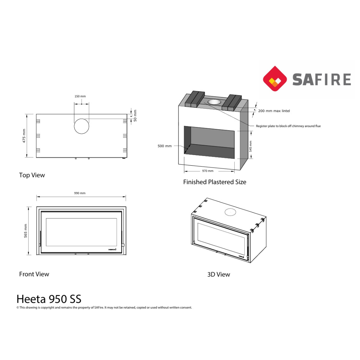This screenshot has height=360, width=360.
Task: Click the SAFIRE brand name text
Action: (x=322, y=80)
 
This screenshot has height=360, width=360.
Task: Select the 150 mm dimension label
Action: (x=80, y=96)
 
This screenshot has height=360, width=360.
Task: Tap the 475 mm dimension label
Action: (x=24, y=136)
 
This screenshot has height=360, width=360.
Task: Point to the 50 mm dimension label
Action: (x=135, y=116)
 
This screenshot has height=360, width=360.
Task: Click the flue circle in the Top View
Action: (x=81, y=126)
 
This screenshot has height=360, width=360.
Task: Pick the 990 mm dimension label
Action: (x=80, y=193)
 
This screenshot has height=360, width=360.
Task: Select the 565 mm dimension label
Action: (x=26, y=231)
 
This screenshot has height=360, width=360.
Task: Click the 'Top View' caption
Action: (x=32, y=175)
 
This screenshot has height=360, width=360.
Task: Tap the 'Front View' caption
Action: (x=34, y=274)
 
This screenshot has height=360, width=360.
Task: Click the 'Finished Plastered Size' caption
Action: (x=215, y=182)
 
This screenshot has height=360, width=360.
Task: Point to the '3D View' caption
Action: (x=219, y=274)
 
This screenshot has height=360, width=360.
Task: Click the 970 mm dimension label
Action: (x=208, y=171)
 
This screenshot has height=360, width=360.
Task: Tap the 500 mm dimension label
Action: (x=165, y=146)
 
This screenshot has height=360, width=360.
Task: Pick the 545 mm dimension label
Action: (x=251, y=146)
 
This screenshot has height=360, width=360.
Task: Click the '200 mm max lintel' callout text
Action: (x=274, y=111)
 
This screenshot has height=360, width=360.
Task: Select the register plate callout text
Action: (x=288, y=126)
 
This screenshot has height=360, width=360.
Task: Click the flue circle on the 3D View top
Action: (x=230, y=212)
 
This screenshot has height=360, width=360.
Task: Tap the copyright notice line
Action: (x=104, y=307)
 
